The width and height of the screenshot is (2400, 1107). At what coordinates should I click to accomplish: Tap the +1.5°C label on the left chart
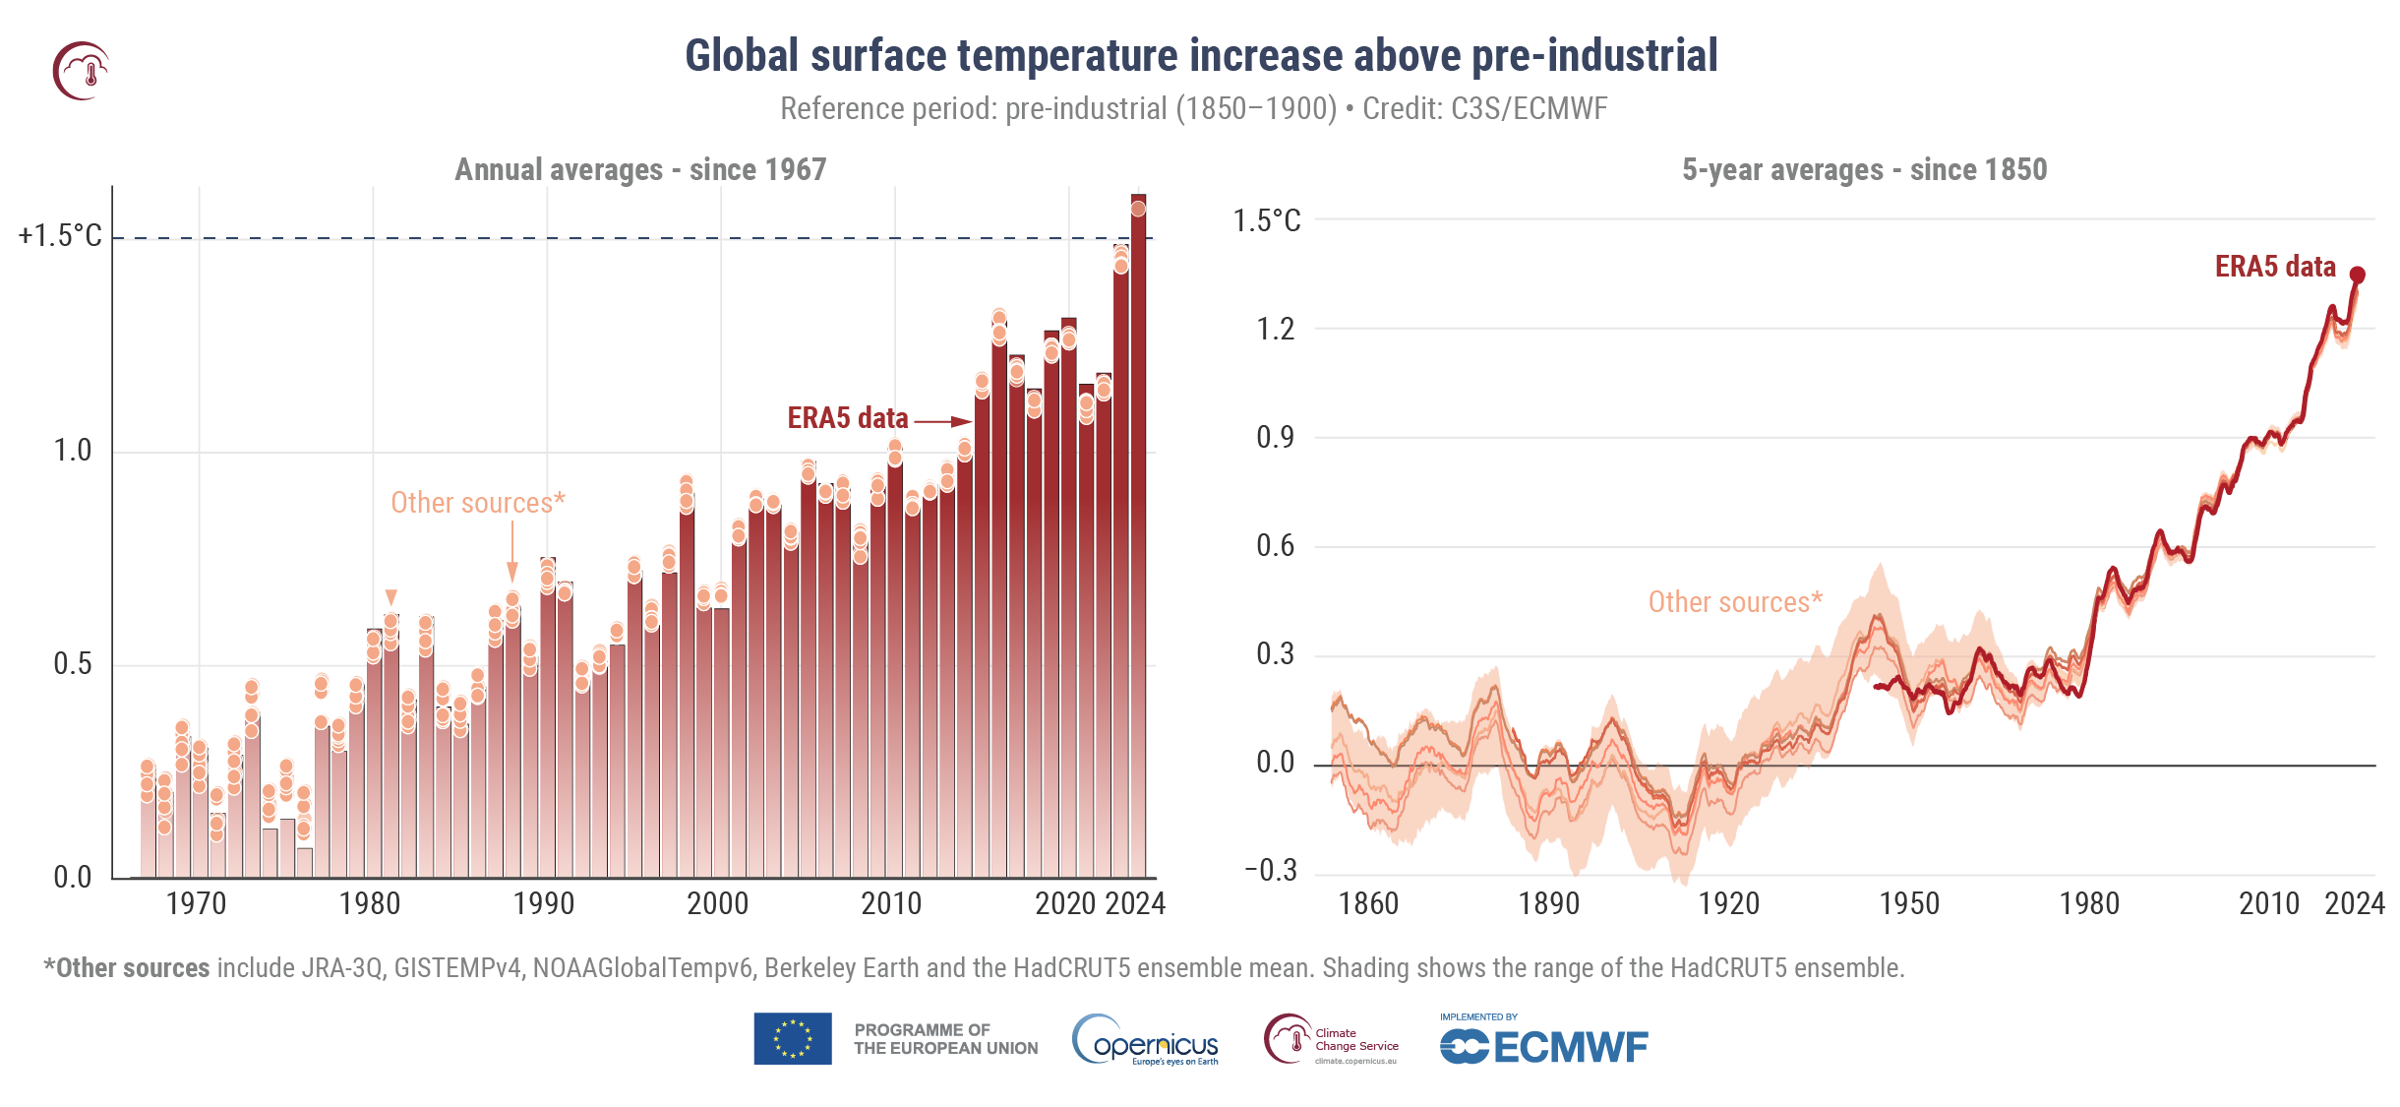pyautogui.click(x=60, y=236)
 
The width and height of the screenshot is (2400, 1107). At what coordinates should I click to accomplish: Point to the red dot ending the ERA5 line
pyautogui.click(x=2358, y=275)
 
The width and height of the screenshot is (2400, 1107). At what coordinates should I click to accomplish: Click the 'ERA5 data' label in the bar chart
pyautogui.click(x=847, y=418)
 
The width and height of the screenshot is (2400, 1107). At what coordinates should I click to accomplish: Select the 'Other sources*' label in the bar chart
pyautogui.click(x=478, y=503)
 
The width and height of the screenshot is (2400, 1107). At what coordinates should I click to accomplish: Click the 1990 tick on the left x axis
pyautogui.click(x=544, y=903)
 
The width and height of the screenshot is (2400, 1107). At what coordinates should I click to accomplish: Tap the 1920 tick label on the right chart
pyautogui.click(x=1728, y=903)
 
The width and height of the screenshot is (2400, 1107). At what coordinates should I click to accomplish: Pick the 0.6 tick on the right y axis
pyautogui.click(x=1275, y=546)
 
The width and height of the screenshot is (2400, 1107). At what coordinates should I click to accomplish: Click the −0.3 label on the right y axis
pyautogui.click(x=1271, y=871)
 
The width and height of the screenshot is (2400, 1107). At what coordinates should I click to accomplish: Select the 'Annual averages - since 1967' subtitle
pyautogui.click(x=640, y=169)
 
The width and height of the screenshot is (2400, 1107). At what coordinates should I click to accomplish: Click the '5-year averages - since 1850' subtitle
pyautogui.click(x=1864, y=169)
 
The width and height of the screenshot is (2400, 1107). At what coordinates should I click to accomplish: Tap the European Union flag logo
pyautogui.click(x=793, y=1039)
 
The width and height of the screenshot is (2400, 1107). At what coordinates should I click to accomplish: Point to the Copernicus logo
pyautogui.click(x=1146, y=1041)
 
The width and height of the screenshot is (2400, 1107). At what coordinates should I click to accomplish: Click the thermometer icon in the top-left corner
pyautogui.click(x=81, y=71)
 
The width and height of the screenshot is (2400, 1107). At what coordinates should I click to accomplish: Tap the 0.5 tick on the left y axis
pyautogui.click(x=72, y=664)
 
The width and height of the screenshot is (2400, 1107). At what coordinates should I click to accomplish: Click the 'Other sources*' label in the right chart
pyautogui.click(x=1735, y=602)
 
